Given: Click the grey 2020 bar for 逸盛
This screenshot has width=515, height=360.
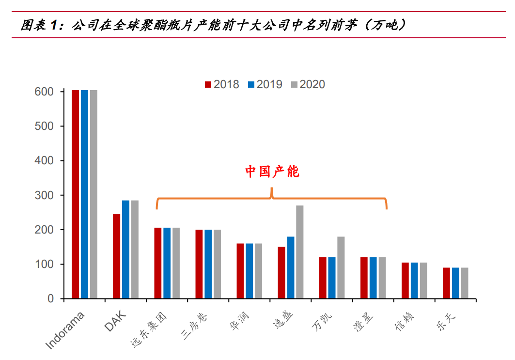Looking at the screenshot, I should coord(300,252).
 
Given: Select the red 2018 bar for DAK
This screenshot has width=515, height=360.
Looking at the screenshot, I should coord(117,256).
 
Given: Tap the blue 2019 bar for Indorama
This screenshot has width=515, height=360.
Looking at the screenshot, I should coord(85,194).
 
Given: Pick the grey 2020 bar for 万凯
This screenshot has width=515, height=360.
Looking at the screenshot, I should coord(341,267).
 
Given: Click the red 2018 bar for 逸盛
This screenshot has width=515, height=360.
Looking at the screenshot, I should coord(281,273).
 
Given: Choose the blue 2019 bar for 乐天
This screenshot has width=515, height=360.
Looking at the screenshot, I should coord(455,283).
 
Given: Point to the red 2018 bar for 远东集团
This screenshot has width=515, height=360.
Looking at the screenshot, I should coord(158,263).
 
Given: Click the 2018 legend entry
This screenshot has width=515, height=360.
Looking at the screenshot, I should coord(222,84).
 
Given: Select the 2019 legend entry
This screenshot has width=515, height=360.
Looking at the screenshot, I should coord(265,84).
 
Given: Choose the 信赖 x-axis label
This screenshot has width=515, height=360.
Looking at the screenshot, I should coord(404,321).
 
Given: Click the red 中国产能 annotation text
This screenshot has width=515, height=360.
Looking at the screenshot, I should coord(272,172).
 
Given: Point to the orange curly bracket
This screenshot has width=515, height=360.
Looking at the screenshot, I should coord(271,198).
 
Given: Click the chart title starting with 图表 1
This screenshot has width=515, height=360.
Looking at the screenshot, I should coord(213,25).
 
